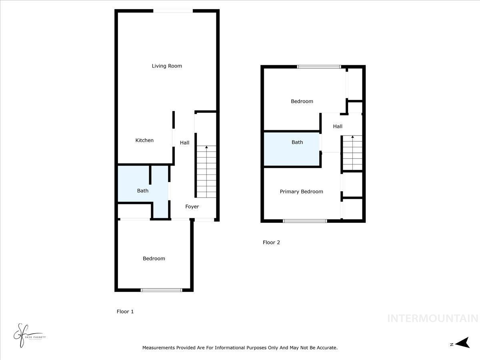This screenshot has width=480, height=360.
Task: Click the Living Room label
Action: pos(167,66)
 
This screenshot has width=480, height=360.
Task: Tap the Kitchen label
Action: pos(144,140)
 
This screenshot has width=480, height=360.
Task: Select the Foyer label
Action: pos(192,207)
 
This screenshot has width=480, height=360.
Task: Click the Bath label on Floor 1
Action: pos(143,191)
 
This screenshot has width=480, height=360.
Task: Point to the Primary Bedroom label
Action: pos(301,192)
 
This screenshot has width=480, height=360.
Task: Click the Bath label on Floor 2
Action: pos(297,142)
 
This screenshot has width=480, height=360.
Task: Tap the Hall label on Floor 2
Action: pos(338,126)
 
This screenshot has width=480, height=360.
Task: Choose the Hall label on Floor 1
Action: pos(184,143)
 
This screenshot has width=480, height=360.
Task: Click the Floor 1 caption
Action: pos(125,312)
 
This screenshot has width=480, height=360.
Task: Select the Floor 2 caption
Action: pos(271,242)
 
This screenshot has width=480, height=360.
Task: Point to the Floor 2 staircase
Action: pos(352,153)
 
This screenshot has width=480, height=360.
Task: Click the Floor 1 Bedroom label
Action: pos(154,259)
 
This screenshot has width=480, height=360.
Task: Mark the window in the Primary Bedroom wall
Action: pos(305,221)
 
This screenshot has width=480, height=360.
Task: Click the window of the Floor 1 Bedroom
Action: pos(162,290)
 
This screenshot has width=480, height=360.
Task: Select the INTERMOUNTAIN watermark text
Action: pos(432,319)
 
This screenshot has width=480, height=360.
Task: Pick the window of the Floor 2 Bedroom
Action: pos(319,67)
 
